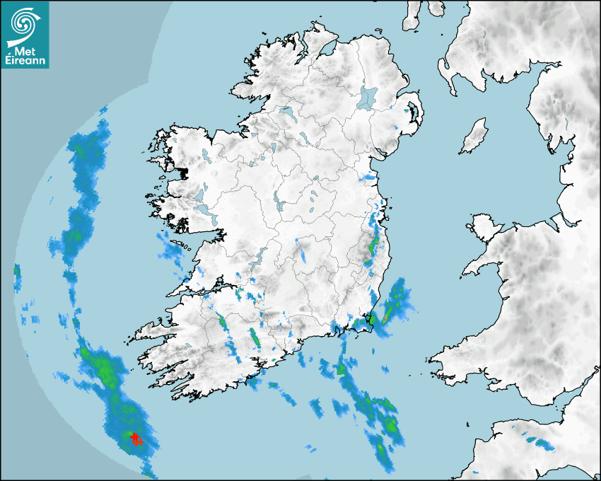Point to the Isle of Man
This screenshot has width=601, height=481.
474,137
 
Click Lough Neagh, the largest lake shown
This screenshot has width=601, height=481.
368,97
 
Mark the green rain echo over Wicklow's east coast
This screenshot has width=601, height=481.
373,248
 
